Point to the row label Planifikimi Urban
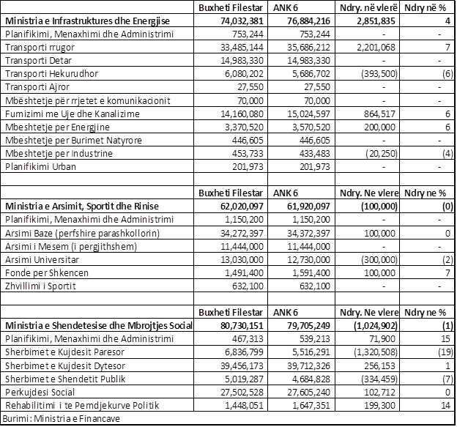[37, 167]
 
